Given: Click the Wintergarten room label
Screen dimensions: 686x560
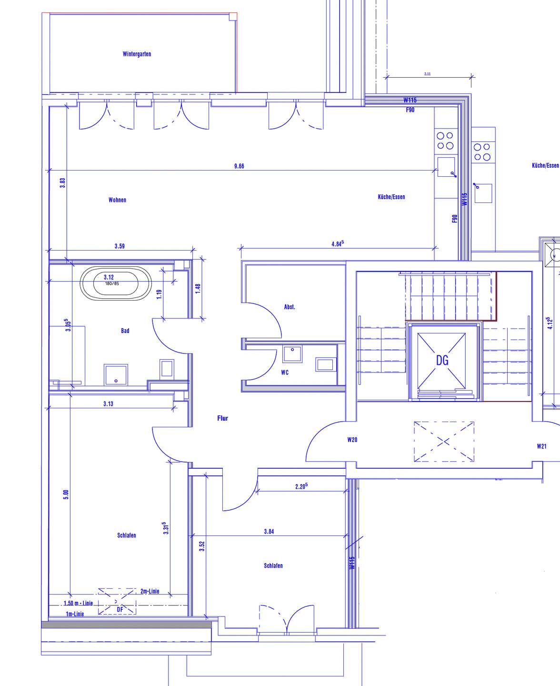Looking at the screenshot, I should click(137, 54).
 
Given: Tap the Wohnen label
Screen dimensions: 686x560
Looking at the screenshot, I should click(117, 200).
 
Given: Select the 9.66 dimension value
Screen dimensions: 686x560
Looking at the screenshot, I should click(239, 166).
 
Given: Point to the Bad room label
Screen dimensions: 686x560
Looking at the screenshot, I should click(125, 331).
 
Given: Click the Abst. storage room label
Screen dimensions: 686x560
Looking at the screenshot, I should click(290, 307).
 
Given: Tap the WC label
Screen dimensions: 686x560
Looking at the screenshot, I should click(285, 373).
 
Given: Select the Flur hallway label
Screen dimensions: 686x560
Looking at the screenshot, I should click(222, 418).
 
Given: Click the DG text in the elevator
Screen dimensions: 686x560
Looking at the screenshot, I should click(442, 361).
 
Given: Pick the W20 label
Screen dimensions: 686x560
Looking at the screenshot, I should click(352, 440).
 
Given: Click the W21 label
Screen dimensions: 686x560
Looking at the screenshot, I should click(541, 446).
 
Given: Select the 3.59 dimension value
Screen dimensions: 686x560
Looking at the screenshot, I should click(120, 246).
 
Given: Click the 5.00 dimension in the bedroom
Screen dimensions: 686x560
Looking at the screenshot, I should click(66, 494).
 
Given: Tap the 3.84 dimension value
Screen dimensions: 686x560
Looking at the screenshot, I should click(269, 532).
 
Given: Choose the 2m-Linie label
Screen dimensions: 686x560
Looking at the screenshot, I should click(150, 591).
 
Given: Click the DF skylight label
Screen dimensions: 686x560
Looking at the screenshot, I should click(120, 609).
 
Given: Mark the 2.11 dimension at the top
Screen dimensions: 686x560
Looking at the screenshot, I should click(427, 74).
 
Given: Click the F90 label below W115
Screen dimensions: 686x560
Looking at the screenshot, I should click(410, 110).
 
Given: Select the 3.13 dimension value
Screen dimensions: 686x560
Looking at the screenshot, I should click(108, 404).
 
